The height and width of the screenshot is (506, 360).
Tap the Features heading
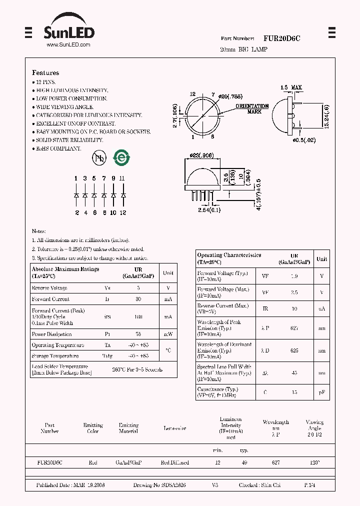45,73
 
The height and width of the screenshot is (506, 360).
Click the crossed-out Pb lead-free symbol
99,158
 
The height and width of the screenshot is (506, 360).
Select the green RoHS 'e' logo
121,158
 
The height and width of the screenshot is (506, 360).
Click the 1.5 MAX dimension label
291,88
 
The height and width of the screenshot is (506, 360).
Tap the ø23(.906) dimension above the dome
202,155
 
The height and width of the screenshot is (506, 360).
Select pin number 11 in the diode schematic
122,178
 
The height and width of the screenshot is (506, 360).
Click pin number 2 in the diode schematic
76,212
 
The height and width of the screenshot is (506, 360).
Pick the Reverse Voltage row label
49,288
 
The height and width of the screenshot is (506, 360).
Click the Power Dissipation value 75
138,334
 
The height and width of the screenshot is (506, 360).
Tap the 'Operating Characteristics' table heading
229,255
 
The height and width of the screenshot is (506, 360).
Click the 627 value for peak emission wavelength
294,328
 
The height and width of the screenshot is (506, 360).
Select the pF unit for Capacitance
322,392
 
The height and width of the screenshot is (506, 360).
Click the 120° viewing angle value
314,463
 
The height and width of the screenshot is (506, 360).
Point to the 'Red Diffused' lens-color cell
175,463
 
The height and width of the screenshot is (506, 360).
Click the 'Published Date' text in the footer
54,485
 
